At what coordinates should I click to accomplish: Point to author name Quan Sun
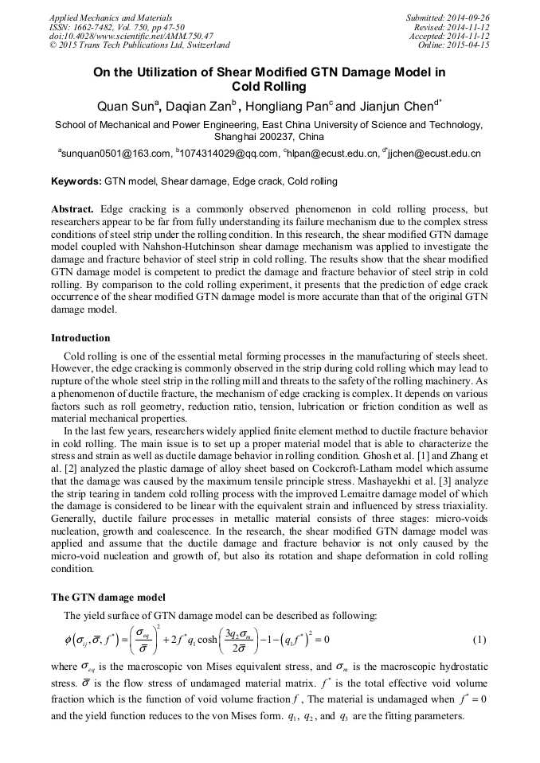(x=126, y=106)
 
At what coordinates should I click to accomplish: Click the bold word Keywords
(x=76, y=181)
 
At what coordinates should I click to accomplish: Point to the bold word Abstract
(x=72, y=209)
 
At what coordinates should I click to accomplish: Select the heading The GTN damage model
(x=108, y=597)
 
